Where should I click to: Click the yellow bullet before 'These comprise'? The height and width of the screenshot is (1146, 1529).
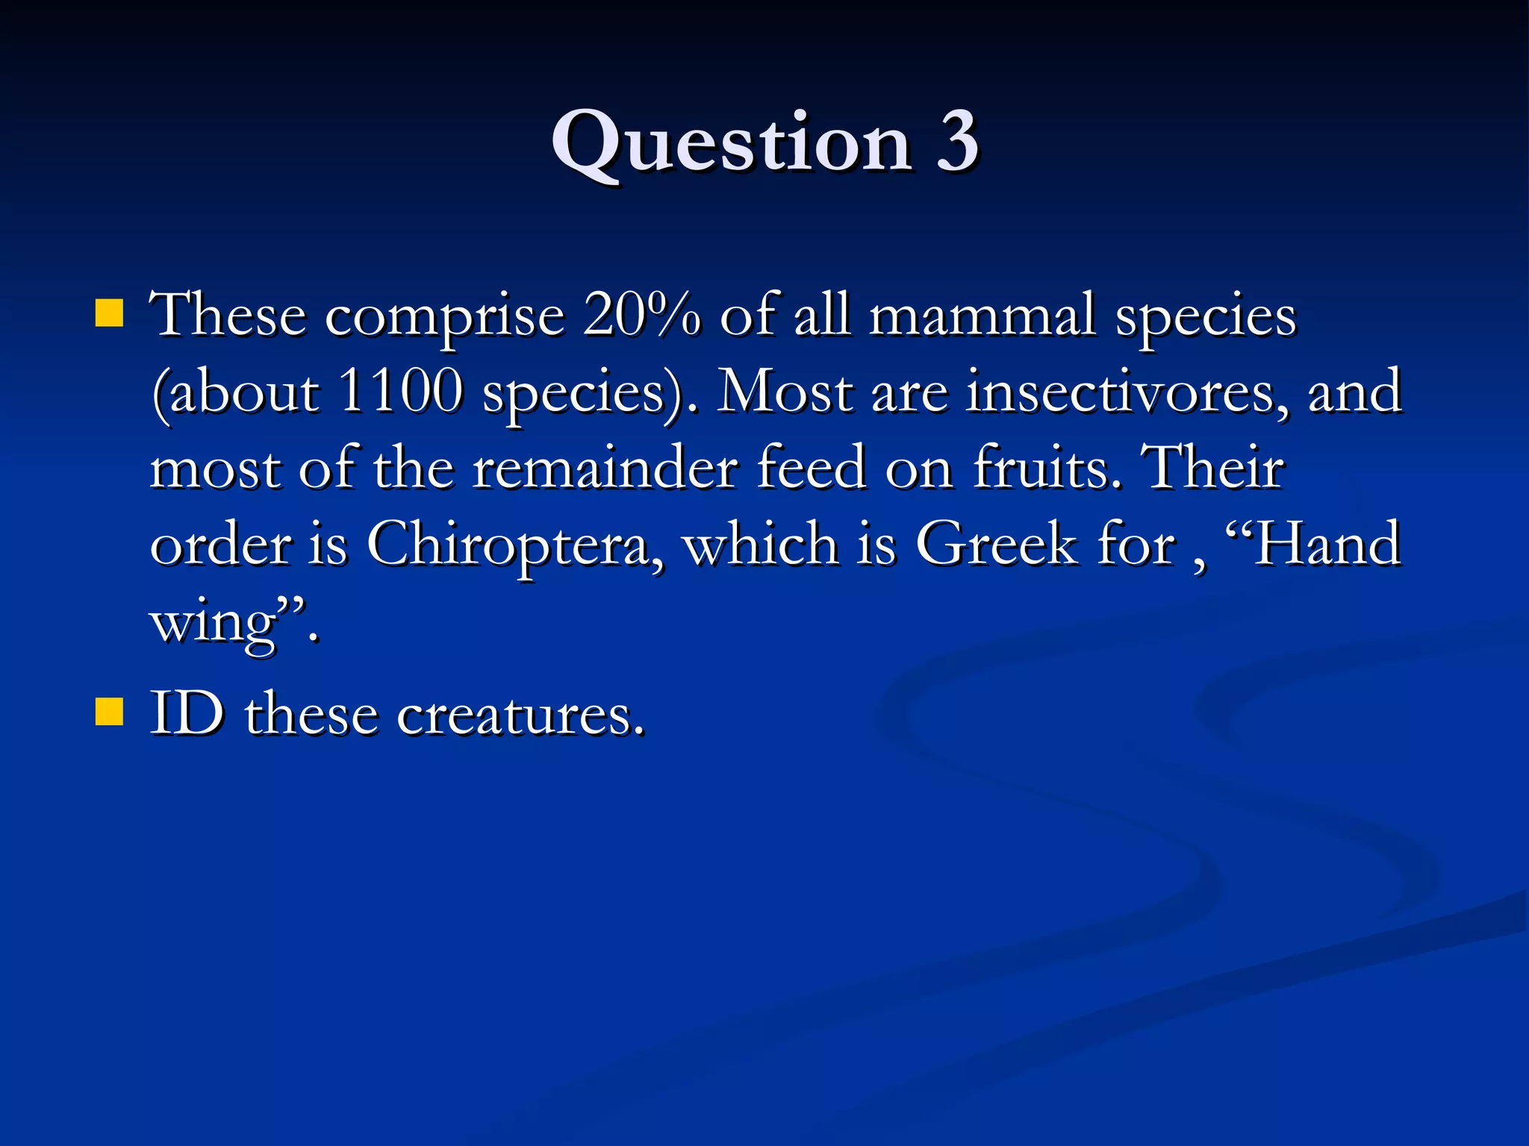[109, 314]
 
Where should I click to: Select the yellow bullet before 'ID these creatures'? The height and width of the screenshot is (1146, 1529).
[109, 712]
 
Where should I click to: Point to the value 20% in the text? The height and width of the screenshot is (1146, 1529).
[642, 315]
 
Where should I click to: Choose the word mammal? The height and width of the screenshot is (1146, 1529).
[983, 315]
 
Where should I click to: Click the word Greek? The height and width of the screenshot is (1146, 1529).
[997, 544]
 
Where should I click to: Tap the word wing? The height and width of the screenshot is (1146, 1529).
[214, 624]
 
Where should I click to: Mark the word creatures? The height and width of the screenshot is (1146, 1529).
[520, 715]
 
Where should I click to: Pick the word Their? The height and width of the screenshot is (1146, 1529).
[1214, 468]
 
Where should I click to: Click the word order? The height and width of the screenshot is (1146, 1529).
[221, 544]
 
